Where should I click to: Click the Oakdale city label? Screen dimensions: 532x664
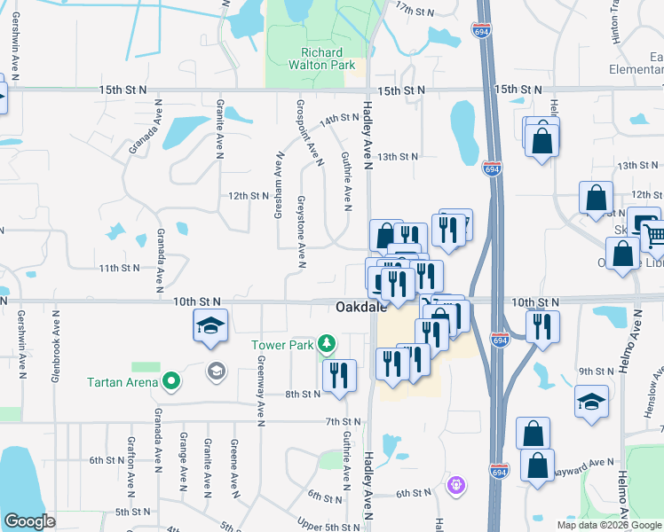[x=360, y=308]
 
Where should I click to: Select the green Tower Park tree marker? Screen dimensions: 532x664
[x=328, y=342]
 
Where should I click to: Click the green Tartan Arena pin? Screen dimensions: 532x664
[x=171, y=383]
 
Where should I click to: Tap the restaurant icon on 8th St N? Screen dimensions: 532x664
[x=339, y=376]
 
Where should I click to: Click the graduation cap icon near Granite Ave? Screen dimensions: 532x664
[x=210, y=326]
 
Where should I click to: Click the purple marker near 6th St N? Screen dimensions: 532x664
[x=456, y=484]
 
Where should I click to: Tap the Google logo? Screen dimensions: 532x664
[x=29, y=521]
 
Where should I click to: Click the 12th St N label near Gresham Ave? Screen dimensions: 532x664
[x=248, y=195]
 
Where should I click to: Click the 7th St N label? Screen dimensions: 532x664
[x=341, y=420]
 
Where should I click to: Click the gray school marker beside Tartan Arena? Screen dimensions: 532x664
[x=214, y=370]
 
